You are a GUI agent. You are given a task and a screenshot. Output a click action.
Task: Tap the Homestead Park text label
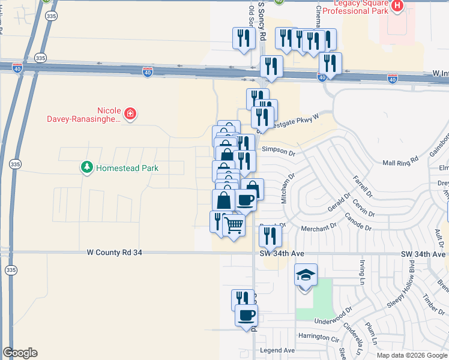pyautogui.click(x=127, y=168)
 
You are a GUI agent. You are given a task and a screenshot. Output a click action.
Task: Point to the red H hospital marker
pyautogui.click(x=397, y=6)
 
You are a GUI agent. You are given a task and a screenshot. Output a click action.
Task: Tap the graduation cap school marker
pyautogui.click(x=306, y=276)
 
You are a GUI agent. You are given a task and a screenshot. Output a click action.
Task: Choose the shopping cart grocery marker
pyautogui.click(x=234, y=225)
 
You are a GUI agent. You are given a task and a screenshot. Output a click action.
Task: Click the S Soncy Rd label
pyautogui.click(x=262, y=21)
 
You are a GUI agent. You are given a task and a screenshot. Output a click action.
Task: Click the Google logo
pyautogui.click(x=20, y=353)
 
